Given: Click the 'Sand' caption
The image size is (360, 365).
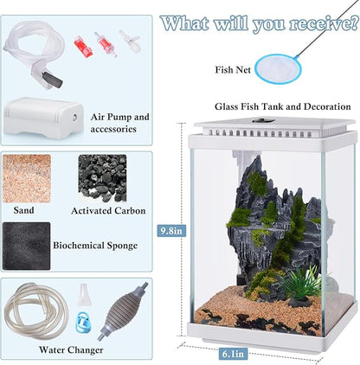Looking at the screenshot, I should click(x=24, y=210).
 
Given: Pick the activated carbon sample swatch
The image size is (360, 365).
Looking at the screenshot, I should click(x=102, y=178).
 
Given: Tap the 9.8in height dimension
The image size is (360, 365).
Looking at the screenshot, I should click(x=172, y=231).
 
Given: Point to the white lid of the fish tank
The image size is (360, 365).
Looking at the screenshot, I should click(x=273, y=126).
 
